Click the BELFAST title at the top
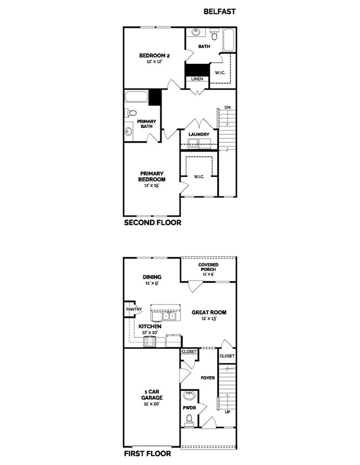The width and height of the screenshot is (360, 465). [x=219, y=10]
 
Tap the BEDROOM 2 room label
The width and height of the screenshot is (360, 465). [x=150, y=56]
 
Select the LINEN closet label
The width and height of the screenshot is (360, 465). [x=197, y=79]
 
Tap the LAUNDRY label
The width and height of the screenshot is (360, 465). [x=198, y=134]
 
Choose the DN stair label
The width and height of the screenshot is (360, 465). [x=227, y=108]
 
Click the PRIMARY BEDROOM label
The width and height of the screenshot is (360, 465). [x=151, y=176]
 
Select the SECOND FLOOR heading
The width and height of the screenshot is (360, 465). [x=153, y=223]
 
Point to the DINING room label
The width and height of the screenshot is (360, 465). [x=151, y=277]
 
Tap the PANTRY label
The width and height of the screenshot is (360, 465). [x=134, y=310]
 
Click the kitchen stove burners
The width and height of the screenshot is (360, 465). [x=150, y=342]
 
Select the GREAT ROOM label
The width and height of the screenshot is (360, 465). [x=209, y=312]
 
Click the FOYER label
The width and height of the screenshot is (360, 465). [x=207, y=378]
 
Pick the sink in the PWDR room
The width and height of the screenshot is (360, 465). [x=189, y=396]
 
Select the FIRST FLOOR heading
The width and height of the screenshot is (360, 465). [x=147, y=454]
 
